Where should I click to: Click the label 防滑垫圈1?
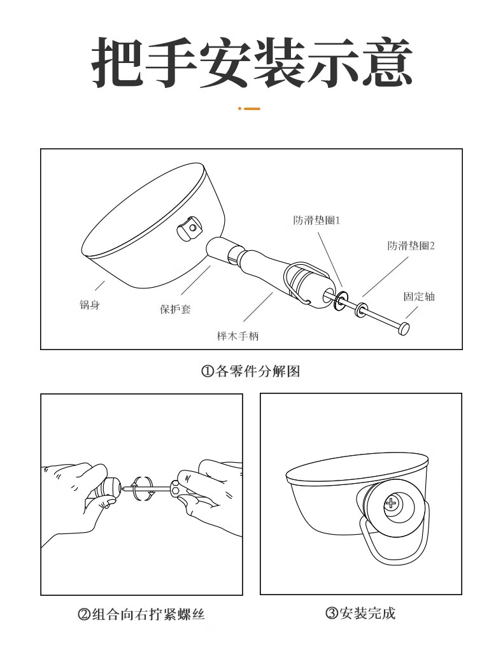[316, 220]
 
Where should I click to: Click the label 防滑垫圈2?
[411, 246]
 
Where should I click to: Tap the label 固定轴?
[419, 297]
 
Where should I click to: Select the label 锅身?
[90, 304]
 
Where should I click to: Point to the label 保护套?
[176, 309]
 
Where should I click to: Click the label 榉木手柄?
[237, 336]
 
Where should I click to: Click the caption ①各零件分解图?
[251, 371]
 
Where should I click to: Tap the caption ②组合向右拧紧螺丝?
[141, 614]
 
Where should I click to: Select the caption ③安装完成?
[360, 613]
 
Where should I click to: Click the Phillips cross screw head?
[391, 503]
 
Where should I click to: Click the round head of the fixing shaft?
[403, 328]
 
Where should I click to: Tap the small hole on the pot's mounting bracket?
[192, 228]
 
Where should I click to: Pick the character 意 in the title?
[386, 62]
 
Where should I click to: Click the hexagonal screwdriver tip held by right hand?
[174, 487]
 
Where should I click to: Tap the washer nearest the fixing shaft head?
[361, 309]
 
